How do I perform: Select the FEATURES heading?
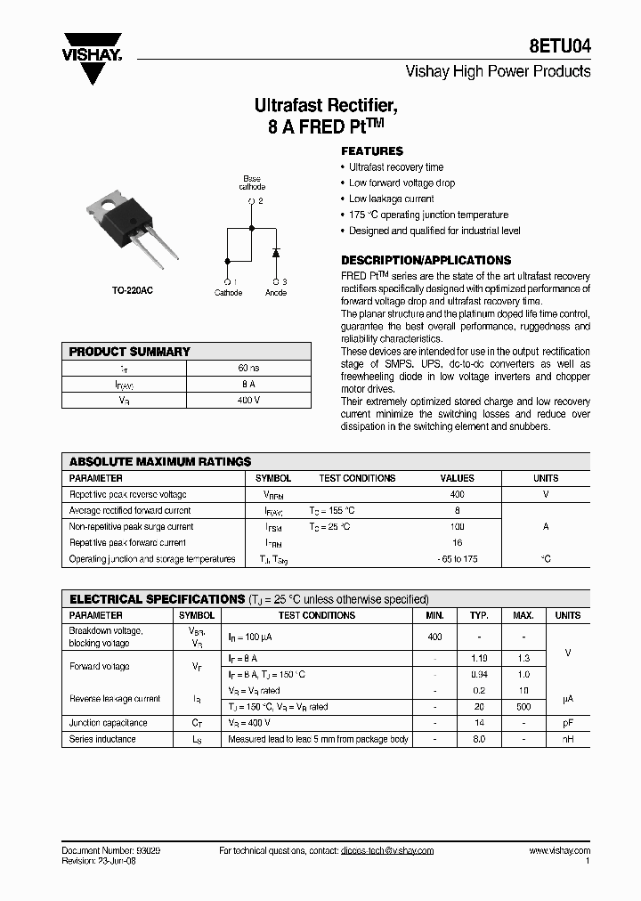[x=372, y=151]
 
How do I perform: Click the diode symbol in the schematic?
[x=275, y=251]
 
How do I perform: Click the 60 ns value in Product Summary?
[x=248, y=368]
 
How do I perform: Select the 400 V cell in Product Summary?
[x=248, y=400]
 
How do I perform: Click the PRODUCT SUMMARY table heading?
[x=130, y=352]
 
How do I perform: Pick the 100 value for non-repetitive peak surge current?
[x=458, y=527]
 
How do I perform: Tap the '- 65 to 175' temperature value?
[x=458, y=559]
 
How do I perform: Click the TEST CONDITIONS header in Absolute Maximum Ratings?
[x=357, y=478]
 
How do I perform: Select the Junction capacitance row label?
[x=109, y=723]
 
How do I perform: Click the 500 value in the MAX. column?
[x=523, y=707]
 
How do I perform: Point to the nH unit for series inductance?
[x=567, y=739]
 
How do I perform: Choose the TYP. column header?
[x=480, y=615]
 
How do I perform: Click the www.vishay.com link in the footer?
[x=559, y=851]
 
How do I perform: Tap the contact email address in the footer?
[x=386, y=851]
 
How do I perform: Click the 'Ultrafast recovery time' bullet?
[x=395, y=167]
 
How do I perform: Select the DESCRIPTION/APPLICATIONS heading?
[x=426, y=260]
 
